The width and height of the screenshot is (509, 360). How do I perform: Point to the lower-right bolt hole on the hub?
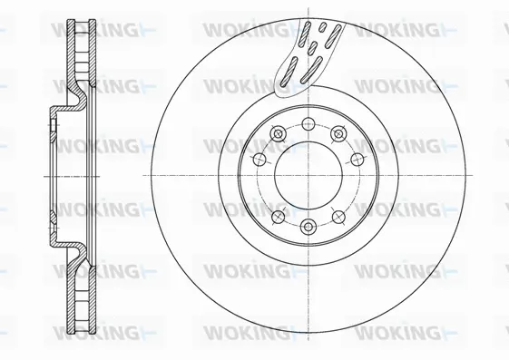pos(338,216)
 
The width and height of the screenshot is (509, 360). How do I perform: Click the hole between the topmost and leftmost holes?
pos(276,134)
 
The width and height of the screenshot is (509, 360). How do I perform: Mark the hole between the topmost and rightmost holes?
pos(339,134)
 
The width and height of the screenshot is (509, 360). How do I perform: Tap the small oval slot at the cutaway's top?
pos(318,27)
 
